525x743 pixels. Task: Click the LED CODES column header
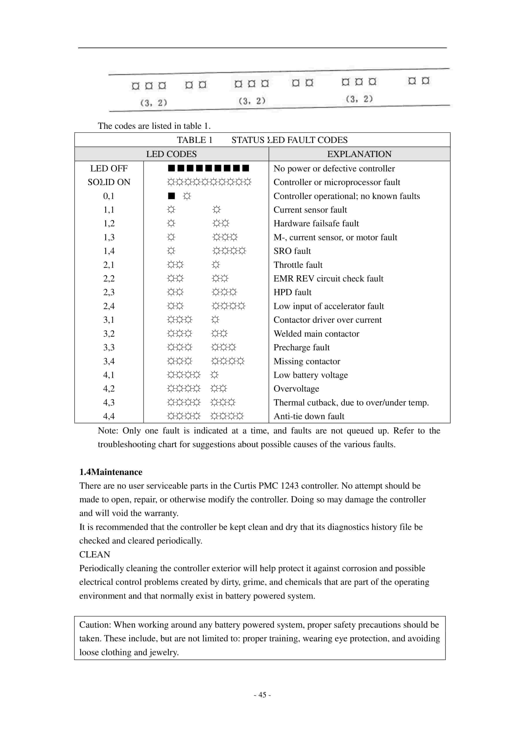tap(171, 154)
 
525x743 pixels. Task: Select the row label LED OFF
tap(109, 168)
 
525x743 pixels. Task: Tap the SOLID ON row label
tap(109, 182)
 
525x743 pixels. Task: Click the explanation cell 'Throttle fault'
tap(298, 265)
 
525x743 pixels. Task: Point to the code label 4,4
tap(109, 416)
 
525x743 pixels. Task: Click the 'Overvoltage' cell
tap(296, 389)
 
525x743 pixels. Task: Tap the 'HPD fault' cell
tap(292, 292)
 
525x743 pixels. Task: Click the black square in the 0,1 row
tap(171, 196)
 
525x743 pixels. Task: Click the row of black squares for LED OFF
tap(209, 168)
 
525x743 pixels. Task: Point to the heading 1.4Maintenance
tap(111, 472)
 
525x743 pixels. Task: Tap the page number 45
tap(262, 694)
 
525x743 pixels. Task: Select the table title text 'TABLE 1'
tap(194, 140)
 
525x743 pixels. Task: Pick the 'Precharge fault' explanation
tap(301, 347)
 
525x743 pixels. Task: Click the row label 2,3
tap(109, 292)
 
